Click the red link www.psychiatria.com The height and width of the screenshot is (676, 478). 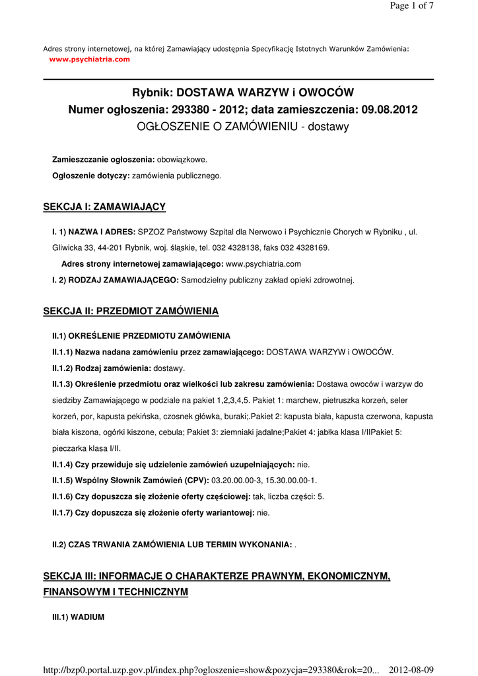(x=90, y=59)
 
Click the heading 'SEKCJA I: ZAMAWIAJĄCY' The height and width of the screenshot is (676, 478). (x=104, y=207)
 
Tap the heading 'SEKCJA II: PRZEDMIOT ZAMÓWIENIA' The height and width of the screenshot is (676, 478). (x=131, y=311)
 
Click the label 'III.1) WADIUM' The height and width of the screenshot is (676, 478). (x=78, y=617)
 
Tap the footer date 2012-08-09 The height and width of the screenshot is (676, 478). (x=411, y=670)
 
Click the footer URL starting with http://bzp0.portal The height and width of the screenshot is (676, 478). (x=211, y=670)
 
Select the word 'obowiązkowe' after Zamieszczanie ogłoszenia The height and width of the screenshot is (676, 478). (x=181, y=160)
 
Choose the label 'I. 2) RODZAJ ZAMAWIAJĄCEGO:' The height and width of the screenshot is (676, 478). (x=116, y=280)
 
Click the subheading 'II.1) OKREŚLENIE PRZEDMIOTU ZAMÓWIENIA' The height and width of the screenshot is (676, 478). (x=141, y=335)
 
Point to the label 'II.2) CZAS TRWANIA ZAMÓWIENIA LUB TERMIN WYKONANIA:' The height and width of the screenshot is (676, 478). (x=172, y=545)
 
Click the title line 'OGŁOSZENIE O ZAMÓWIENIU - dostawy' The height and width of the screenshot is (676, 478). (x=242, y=125)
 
